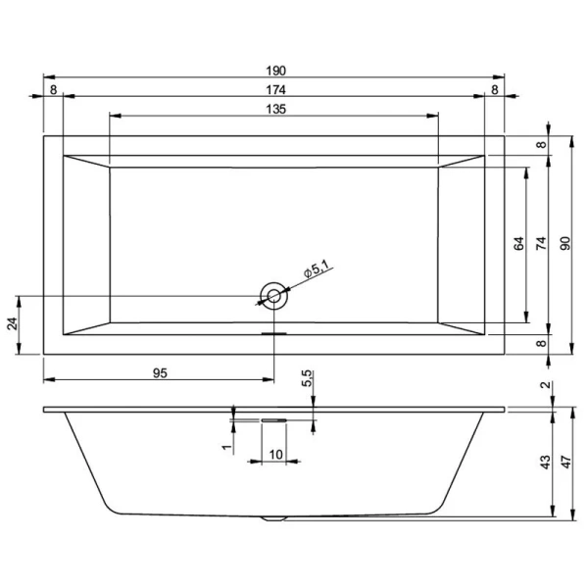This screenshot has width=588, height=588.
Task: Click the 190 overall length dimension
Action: click(275, 70)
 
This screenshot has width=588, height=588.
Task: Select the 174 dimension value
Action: click(275, 89)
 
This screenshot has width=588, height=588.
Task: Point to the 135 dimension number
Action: click(275, 109)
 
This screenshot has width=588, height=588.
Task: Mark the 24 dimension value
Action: click(13, 324)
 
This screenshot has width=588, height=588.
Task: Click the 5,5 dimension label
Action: click(308, 377)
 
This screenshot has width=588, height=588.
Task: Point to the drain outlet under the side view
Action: click(273, 517)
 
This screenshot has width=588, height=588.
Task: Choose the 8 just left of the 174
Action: click(53, 89)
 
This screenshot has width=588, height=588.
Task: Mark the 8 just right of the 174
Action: click(495, 89)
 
